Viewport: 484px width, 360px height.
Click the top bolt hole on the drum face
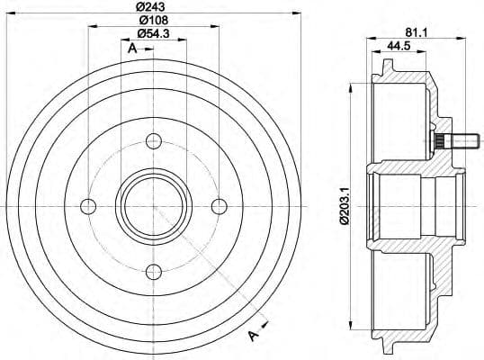154,139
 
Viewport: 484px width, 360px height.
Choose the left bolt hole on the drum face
87,205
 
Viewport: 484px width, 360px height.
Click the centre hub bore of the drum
154,205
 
